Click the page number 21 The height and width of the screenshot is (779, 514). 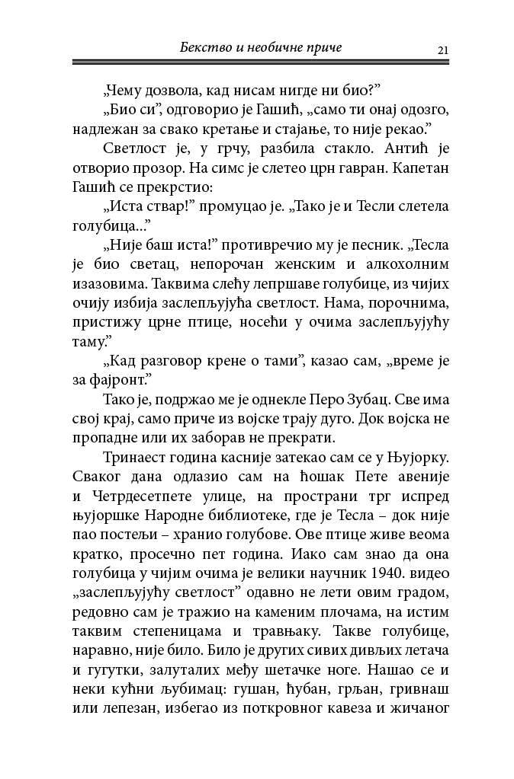pos(442,50)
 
